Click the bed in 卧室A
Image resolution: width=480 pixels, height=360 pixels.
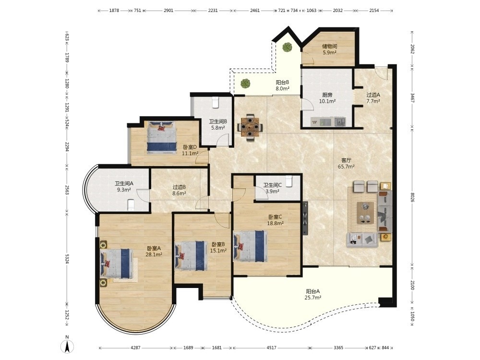point(117,263)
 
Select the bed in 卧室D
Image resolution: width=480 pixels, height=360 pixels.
point(162,137)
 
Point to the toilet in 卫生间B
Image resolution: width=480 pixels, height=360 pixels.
point(216,102)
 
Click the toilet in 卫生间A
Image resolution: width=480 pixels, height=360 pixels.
point(131,205)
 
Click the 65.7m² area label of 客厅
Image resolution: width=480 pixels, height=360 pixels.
point(346,167)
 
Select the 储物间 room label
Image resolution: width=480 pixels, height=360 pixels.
point(329,46)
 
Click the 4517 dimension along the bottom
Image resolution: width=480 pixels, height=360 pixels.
point(272,348)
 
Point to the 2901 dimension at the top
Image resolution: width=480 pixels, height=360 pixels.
point(168,11)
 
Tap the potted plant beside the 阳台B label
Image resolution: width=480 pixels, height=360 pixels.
point(245,83)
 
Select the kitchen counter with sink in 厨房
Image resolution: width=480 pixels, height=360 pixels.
point(328,122)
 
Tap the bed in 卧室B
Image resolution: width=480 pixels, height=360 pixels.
point(190,256)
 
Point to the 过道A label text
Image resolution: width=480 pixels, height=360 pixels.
point(373,95)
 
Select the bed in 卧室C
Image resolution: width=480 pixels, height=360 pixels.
point(249,246)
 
